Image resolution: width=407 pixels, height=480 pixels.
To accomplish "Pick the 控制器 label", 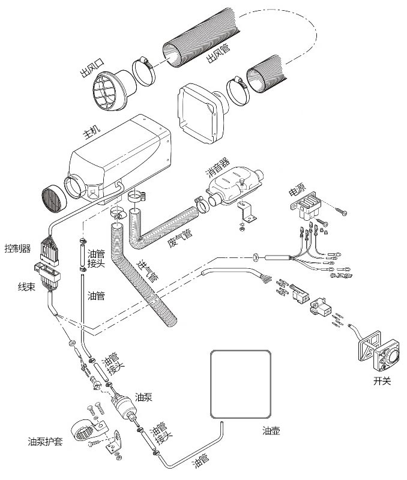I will [17, 248].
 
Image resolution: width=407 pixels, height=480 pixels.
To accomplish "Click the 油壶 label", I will [271, 431].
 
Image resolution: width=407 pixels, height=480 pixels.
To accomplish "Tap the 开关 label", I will [382, 380].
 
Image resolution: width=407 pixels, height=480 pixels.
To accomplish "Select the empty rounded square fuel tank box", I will [240, 384].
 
